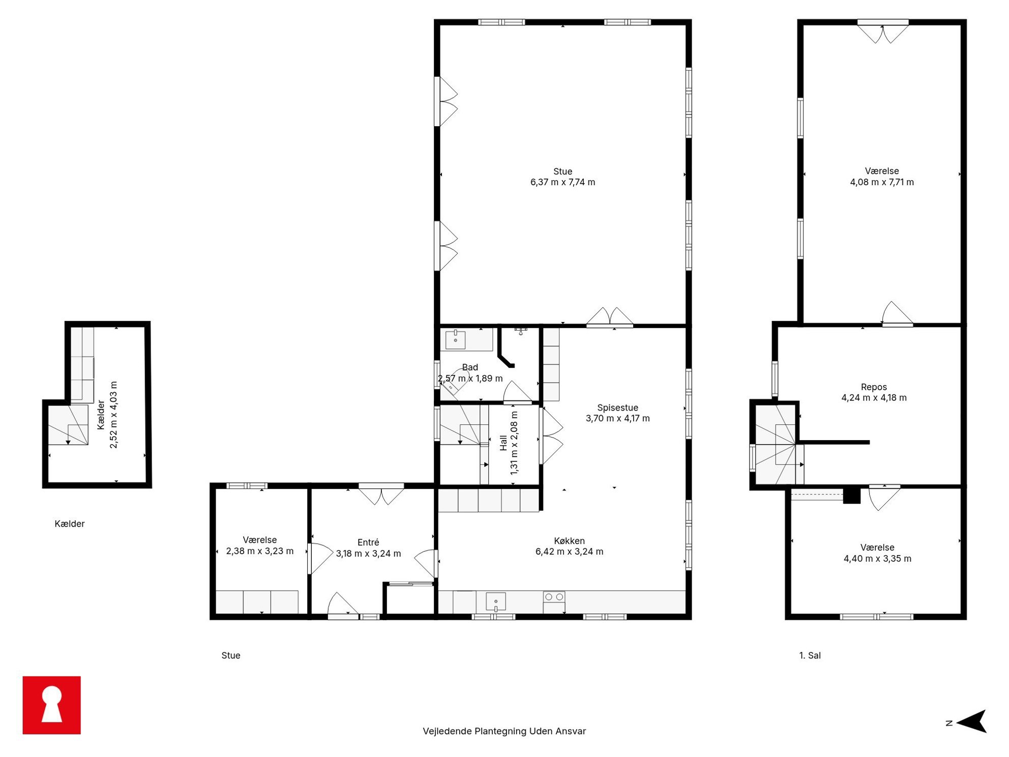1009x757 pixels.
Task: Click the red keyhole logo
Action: [x=51, y=705]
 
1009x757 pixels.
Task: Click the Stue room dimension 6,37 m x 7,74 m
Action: [x=562, y=182]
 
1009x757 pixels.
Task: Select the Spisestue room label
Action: [x=617, y=407]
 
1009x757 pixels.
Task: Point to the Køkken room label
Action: [x=569, y=541]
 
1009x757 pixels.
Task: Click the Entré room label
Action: [x=368, y=542]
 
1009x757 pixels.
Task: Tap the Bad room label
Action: [x=470, y=367]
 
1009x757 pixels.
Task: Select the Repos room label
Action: [x=874, y=387]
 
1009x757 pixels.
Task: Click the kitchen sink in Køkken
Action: [x=495, y=601]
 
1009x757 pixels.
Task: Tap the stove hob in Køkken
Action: [x=554, y=597]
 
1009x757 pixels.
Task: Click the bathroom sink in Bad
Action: [x=455, y=339]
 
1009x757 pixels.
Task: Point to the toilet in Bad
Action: [x=456, y=382]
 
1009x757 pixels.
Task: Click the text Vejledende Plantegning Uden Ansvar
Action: [x=504, y=731]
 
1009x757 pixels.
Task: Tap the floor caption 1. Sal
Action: [x=810, y=655]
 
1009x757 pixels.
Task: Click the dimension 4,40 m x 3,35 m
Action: [x=877, y=559]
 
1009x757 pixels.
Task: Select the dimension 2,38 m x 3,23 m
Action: [x=259, y=551]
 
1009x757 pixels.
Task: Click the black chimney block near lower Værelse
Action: [x=852, y=496]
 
